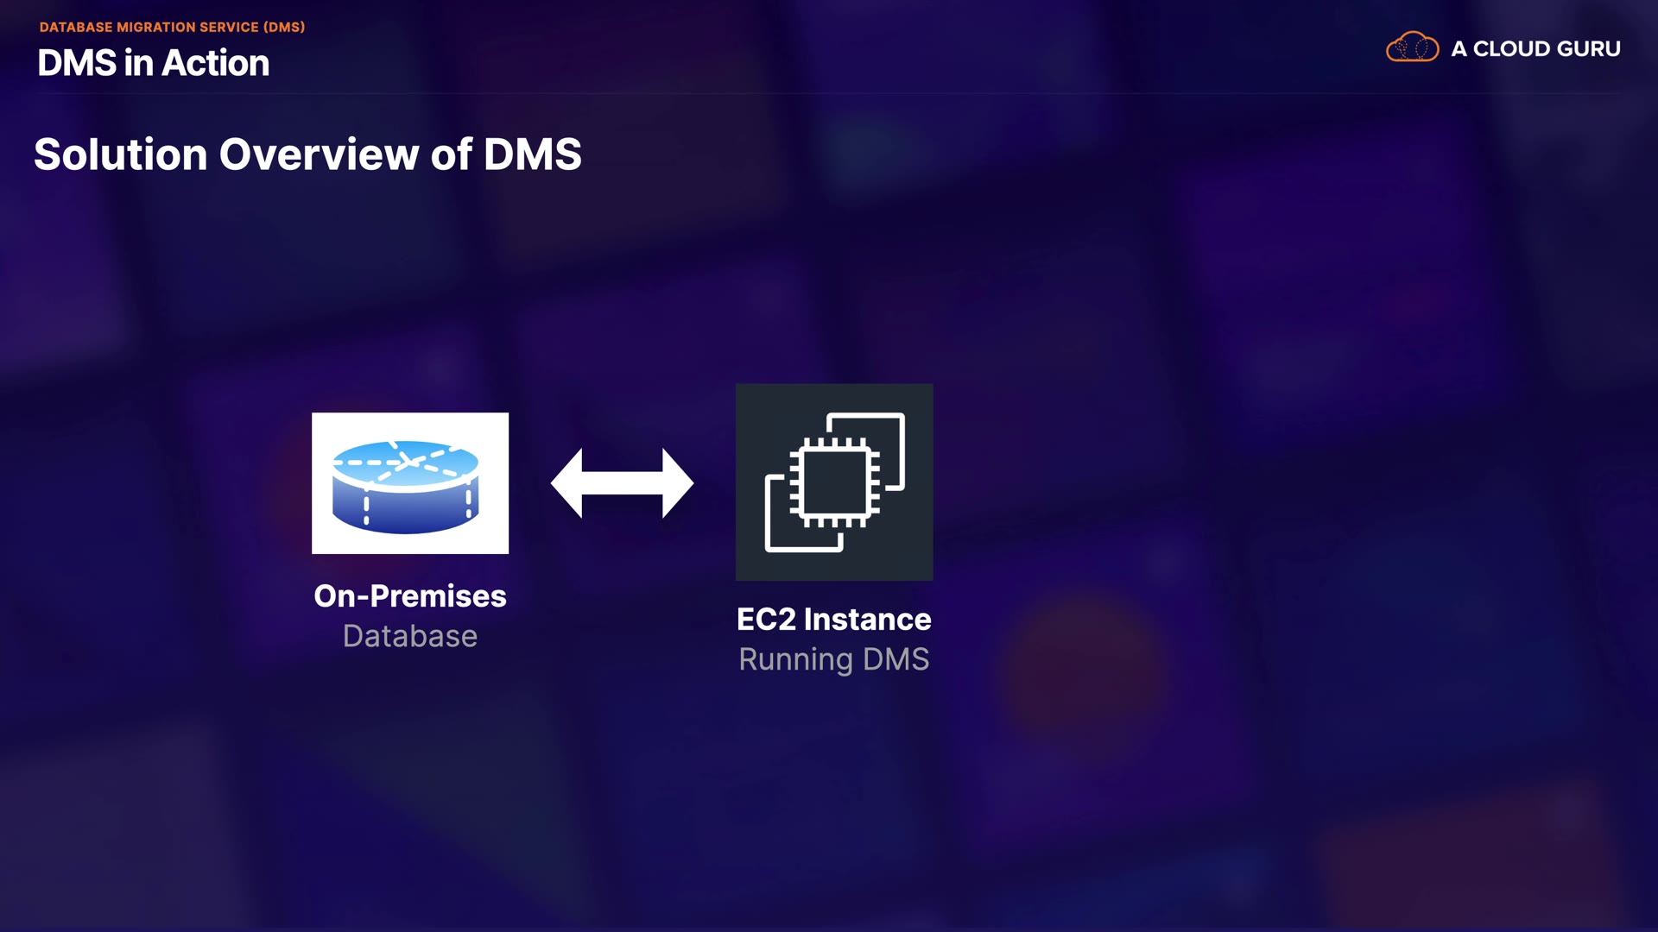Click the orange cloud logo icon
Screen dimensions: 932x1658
click(x=1412, y=47)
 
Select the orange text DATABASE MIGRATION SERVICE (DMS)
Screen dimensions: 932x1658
click(x=172, y=27)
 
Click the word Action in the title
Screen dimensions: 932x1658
click(x=216, y=63)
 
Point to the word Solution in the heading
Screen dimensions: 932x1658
click(x=121, y=154)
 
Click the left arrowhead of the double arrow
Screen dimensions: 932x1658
click(x=566, y=483)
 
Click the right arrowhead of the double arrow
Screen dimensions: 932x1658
click(x=678, y=483)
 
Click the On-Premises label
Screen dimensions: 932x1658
click(x=410, y=596)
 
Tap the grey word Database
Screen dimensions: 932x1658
click(x=410, y=636)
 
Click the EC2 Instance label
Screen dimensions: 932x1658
click(x=834, y=620)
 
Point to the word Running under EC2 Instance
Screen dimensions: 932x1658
click(x=795, y=660)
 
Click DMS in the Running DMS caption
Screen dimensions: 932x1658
click(x=895, y=659)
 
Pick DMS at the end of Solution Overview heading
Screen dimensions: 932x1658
click(x=532, y=154)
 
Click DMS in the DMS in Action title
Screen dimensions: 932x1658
click(x=77, y=63)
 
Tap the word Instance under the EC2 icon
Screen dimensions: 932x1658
click(x=867, y=620)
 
